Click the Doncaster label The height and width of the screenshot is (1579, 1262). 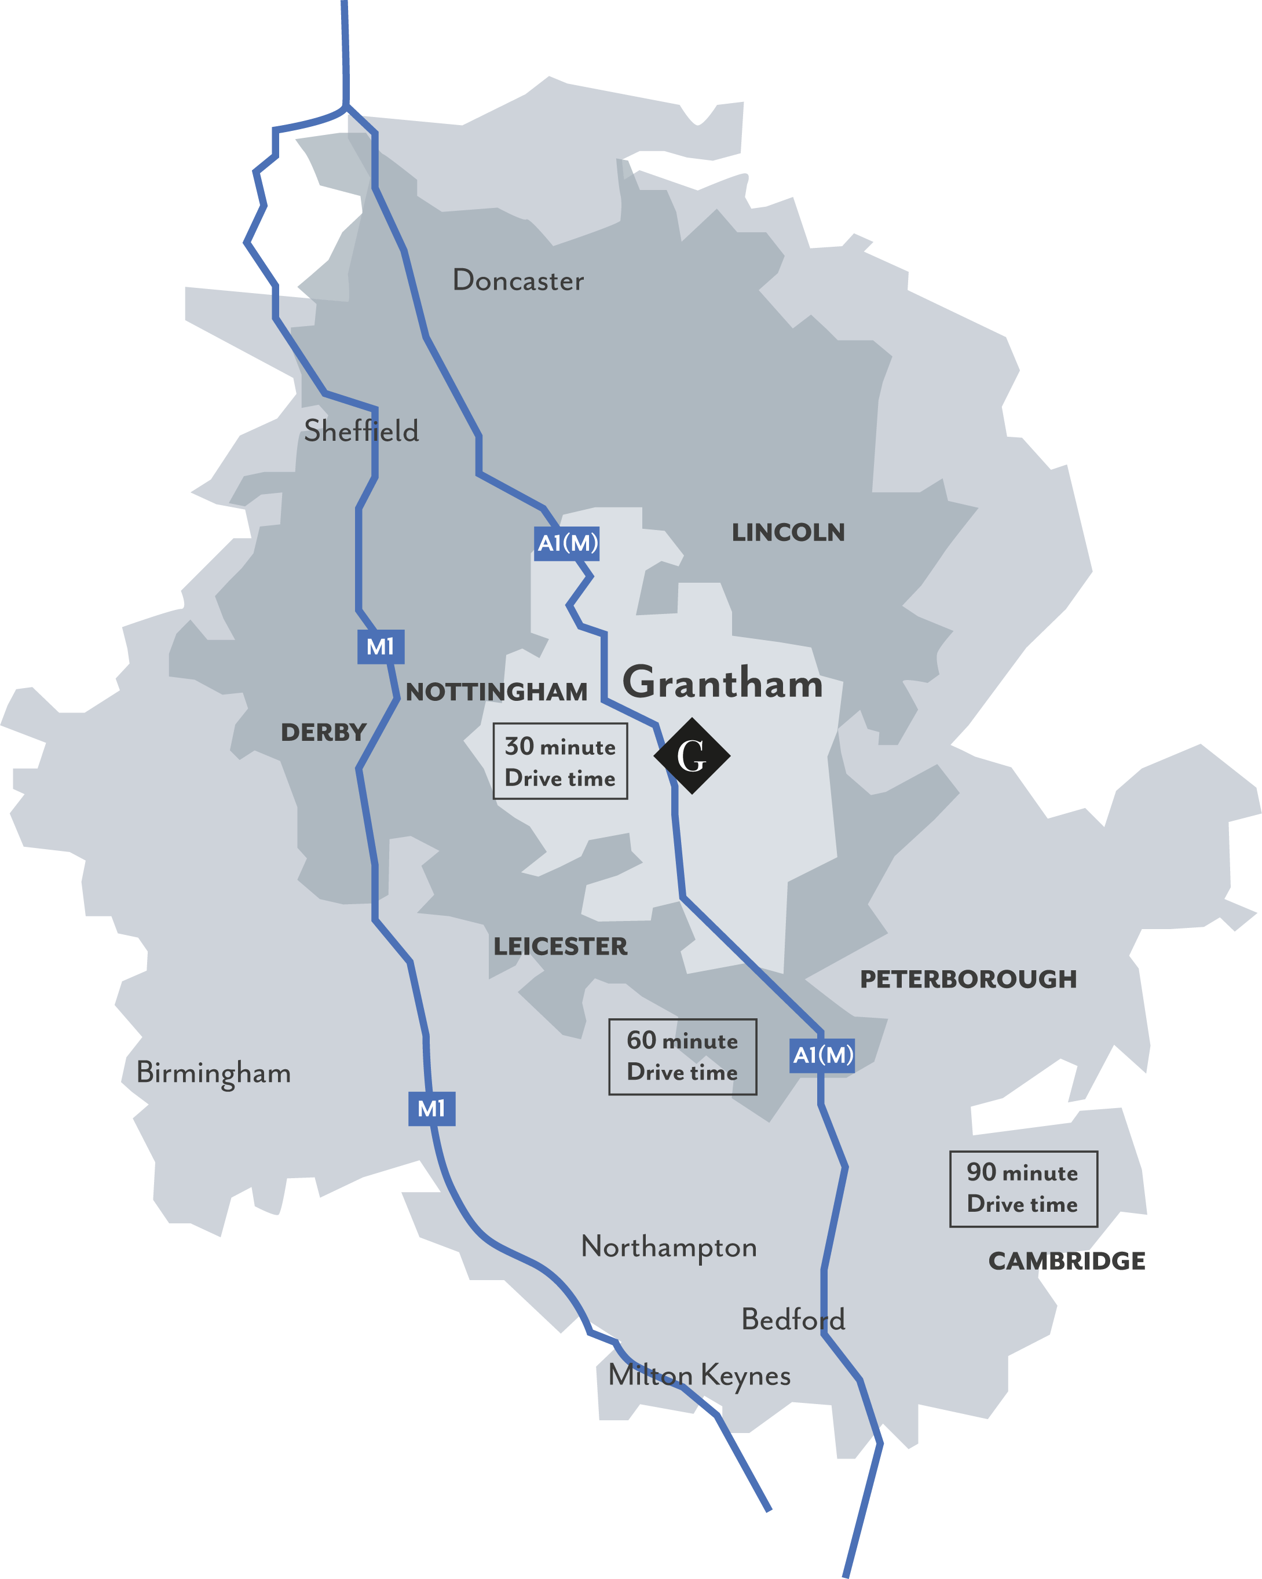[518, 280]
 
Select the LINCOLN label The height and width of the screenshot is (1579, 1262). [788, 532]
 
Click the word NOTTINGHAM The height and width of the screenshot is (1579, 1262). [496, 692]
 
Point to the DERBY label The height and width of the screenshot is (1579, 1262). [323, 732]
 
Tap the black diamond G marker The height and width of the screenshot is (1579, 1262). [692, 756]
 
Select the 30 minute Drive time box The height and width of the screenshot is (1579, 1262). [560, 762]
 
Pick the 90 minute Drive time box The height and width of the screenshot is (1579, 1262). [1023, 1188]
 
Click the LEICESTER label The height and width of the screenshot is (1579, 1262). [560, 946]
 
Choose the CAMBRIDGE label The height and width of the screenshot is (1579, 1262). [1066, 1261]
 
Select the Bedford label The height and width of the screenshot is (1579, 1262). [793, 1320]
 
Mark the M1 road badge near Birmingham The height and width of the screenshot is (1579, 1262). [431, 1109]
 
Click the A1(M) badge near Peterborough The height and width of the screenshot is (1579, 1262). [822, 1055]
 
